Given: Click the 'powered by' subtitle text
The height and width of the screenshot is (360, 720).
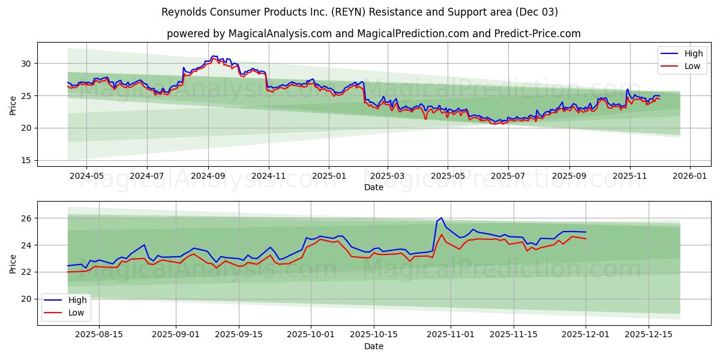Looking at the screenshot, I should (x=373, y=34).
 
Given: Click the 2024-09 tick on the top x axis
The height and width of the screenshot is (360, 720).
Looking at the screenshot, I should (x=208, y=176).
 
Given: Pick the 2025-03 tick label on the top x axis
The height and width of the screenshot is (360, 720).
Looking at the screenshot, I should (x=387, y=176).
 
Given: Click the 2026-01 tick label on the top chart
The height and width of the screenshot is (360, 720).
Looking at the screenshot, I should (x=689, y=176).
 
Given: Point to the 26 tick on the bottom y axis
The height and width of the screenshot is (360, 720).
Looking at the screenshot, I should (x=26, y=218).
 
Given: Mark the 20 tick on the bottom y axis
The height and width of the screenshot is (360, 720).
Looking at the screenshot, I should (x=26, y=299).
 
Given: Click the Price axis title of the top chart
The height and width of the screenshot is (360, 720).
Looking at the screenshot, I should (x=13, y=105).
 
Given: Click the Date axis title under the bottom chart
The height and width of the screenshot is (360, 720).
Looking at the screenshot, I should (x=373, y=346).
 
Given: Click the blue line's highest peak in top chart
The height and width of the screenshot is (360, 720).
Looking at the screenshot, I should (x=212, y=56).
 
